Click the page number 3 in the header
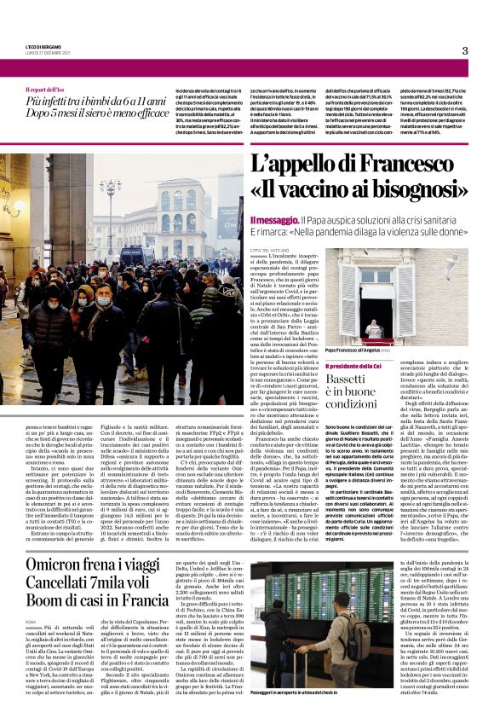(465, 50)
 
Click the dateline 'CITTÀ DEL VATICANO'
(272, 249)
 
